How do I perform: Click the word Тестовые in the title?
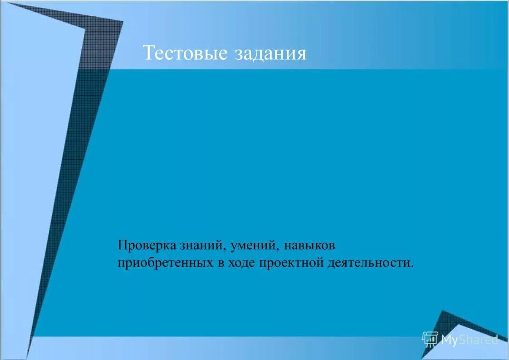[185, 53]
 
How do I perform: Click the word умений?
[254, 246]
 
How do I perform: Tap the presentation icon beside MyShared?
[430, 339]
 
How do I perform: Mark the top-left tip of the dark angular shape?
[10, 4]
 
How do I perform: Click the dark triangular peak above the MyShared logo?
[442, 312]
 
